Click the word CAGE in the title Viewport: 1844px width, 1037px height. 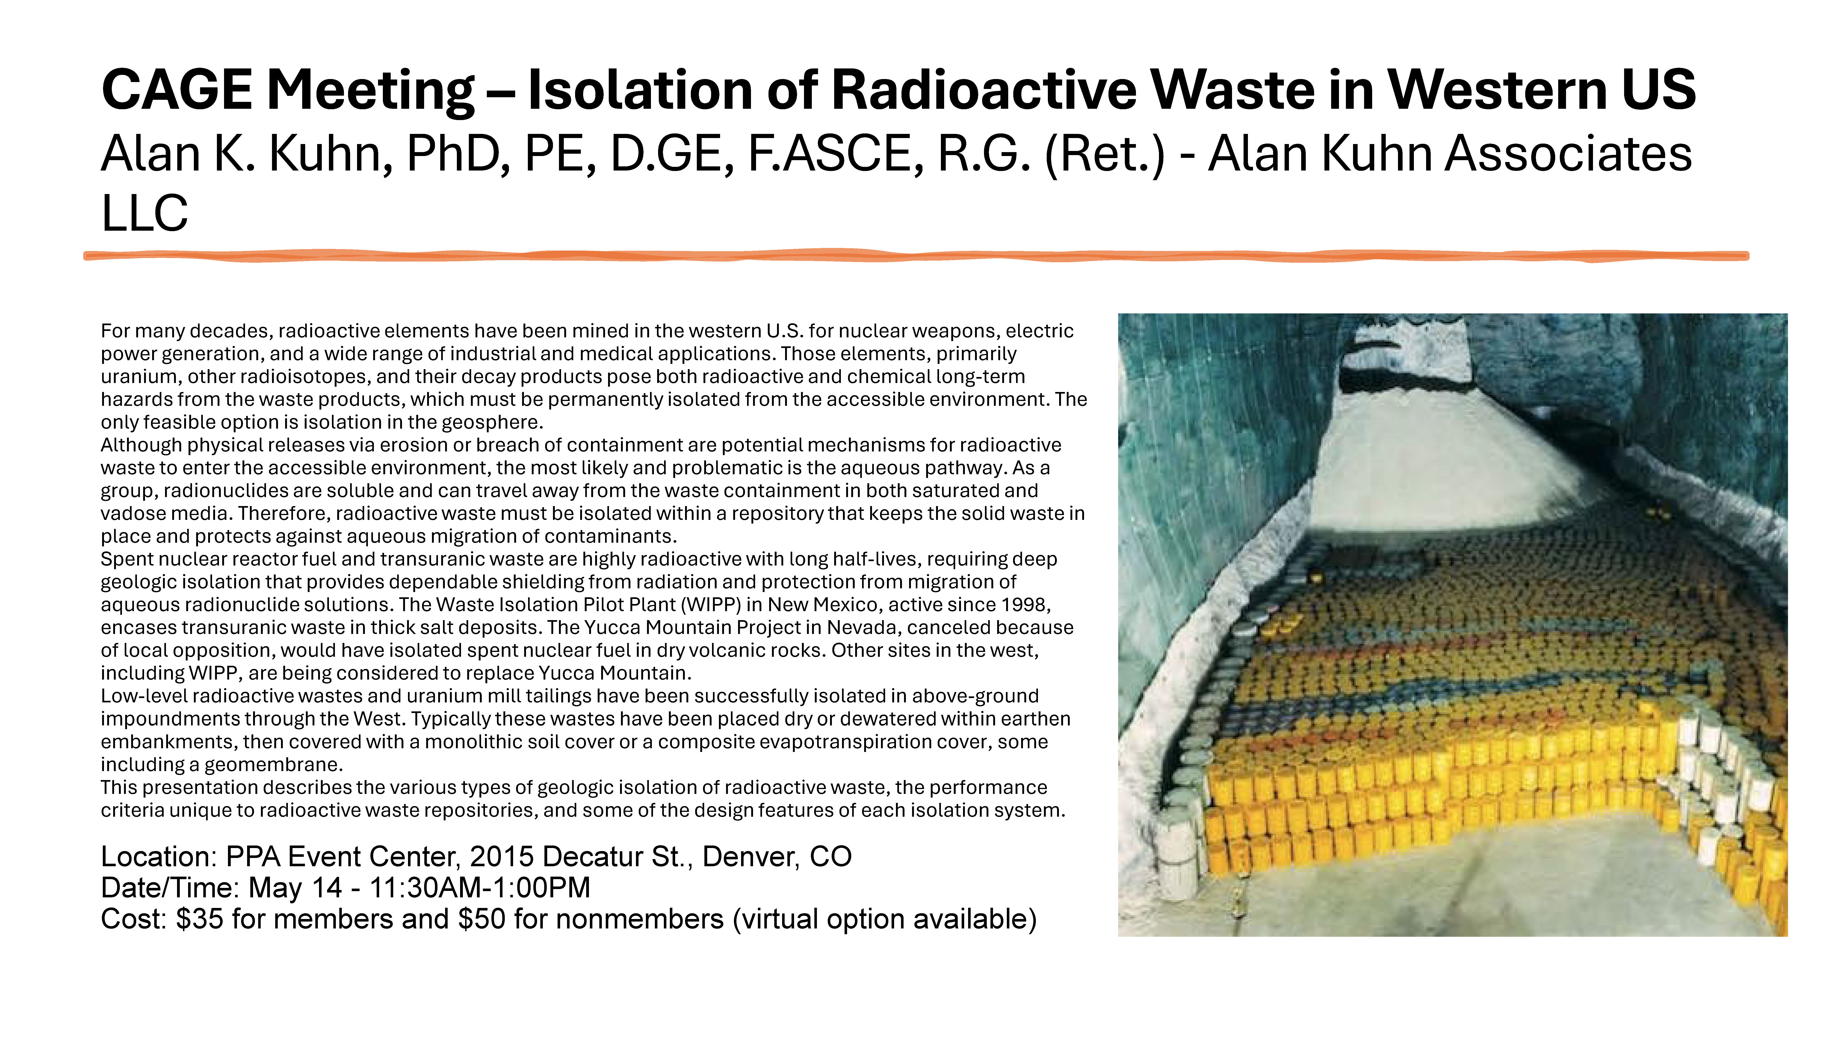click(176, 90)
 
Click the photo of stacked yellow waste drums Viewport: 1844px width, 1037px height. click(1452, 625)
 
